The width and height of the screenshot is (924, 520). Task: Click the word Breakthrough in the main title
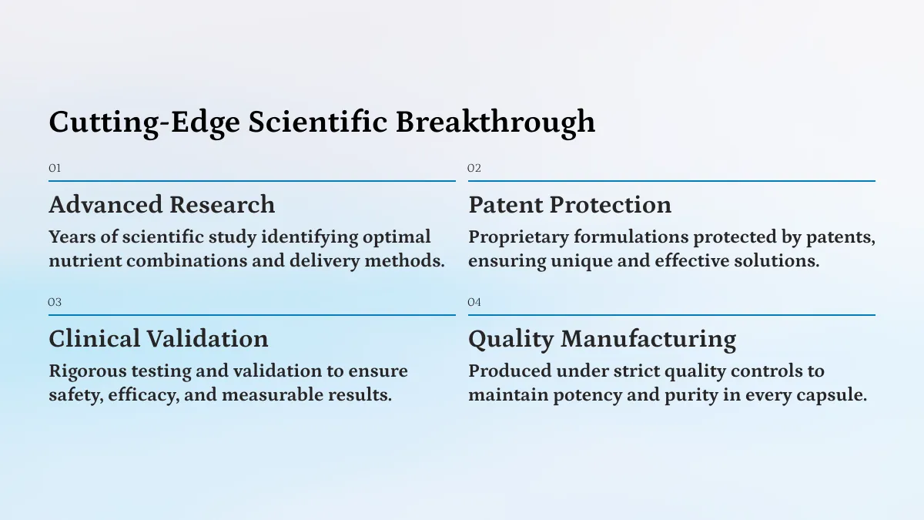495,123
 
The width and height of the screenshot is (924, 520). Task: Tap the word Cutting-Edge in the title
145,123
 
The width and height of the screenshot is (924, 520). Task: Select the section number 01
55,169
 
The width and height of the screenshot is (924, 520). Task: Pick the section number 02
474,169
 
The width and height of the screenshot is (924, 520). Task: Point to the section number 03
55,303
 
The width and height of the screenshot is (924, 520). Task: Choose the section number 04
474,303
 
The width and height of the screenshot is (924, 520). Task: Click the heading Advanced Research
162,205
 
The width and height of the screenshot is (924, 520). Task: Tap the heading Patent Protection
570,205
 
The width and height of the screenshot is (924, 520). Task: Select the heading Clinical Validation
159,339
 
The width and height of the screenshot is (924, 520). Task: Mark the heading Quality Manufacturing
602,340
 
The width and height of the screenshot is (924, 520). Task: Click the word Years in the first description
72,237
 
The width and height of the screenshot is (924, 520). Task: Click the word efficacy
144,396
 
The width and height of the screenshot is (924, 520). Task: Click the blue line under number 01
252,181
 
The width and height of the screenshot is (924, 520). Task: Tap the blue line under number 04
671,315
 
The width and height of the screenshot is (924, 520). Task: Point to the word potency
588,396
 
